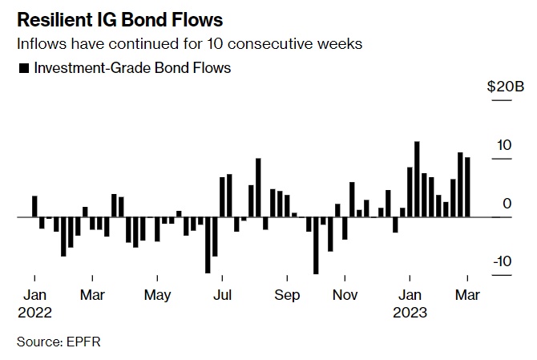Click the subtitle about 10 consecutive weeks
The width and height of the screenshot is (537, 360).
point(189,43)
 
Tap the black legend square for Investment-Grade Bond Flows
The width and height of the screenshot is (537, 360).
point(22,68)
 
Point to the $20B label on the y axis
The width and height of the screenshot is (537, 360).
point(505,87)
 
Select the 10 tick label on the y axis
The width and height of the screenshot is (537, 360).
point(503,145)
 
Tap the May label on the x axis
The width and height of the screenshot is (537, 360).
point(158,295)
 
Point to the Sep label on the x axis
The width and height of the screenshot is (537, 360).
point(287,295)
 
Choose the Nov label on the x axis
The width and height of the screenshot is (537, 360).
point(345,295)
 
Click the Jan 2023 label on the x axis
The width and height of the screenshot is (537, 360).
point(410,303)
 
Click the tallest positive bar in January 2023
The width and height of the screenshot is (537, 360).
point(417,179)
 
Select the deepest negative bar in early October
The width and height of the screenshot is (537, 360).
point(316,245)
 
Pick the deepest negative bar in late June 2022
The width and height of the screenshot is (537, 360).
point(208,245)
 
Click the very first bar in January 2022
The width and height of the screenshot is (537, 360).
point(34,206)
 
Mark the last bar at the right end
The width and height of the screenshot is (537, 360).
point(467,187)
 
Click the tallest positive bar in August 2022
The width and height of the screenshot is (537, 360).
point(259,188)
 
